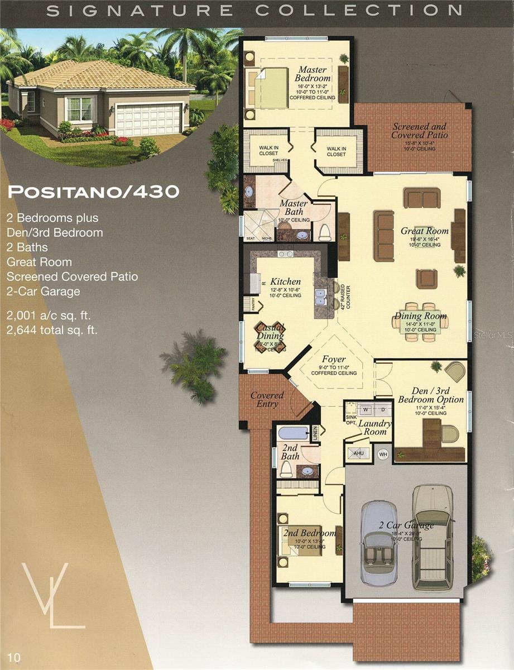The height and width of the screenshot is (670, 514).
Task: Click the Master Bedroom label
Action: pyautogui.click(x=312, y=74)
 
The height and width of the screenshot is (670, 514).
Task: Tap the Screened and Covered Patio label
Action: pyautogui.click(x=419, y=131)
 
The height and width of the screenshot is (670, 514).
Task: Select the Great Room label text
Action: pyautogui.click(x=424, y=231)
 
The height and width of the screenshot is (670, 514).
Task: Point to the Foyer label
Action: pyautogui.click(x=334, y=359)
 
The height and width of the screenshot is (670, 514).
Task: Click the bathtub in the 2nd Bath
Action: pyautogui.click(x=293, y=432)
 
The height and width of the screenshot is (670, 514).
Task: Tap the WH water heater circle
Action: pyautogui.click(x=383, y=453)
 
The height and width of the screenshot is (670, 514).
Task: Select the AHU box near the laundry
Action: pyautogui.click(x=359, y=453)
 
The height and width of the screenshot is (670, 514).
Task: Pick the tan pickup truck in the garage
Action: pyautogui.click(x=433, y=536)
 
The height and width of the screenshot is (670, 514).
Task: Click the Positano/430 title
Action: pyautogui.click(x=93, y=192)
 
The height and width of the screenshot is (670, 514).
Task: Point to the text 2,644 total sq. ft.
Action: pyautogui.click(x=52, y=330)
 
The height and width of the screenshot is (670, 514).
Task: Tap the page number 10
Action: pyautogui.click(x=14, y=658)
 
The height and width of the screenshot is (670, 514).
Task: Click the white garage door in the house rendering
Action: pyautogui.click(x=148, y=119)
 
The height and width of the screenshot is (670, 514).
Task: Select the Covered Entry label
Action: pyautogui.click(x=267, y=399)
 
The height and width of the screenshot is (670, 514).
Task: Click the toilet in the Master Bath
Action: pyautogui.click(x=324, y=232)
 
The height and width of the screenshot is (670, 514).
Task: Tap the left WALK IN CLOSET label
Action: pyautogui.click(x=268, y=151)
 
